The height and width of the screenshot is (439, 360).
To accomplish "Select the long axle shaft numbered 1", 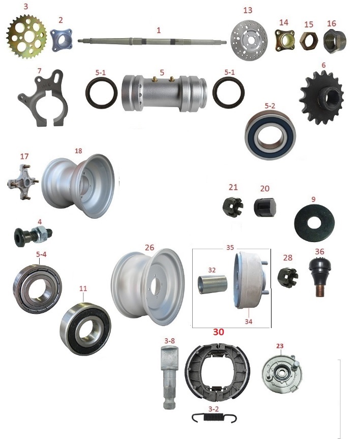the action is pyautogui.click(x=152, y=41).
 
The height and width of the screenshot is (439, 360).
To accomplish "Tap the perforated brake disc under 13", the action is pyautogui.click(x=249, y=39).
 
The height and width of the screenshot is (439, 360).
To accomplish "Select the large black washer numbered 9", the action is pyautogui.click(x=314, y=223).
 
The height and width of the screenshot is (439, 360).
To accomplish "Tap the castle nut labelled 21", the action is pyautogui.click(x=233, y=207).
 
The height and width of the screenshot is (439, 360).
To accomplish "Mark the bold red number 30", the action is pyautogui.click(x=219, y=332).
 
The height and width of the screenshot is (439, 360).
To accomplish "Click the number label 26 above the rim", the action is pyautogui.click(x=149, y=248).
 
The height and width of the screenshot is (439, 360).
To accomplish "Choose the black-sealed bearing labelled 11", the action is pyautogui.click(x=85, y=328).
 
